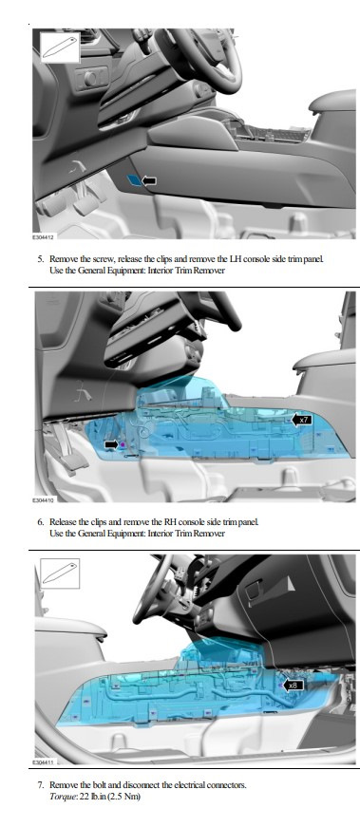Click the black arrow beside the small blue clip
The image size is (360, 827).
(149, 181)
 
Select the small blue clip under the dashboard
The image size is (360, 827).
(135, 181)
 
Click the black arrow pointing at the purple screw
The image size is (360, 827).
(111, 445)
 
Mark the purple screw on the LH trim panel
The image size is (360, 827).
(123, 445)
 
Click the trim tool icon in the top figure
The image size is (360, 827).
(60, 47)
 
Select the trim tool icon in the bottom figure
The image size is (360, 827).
(60, 573)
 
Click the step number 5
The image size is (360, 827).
(40, 259)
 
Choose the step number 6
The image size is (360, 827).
(40, 521)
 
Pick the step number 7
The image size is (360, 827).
(40, 785)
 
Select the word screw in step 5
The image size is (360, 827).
(106, 259)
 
